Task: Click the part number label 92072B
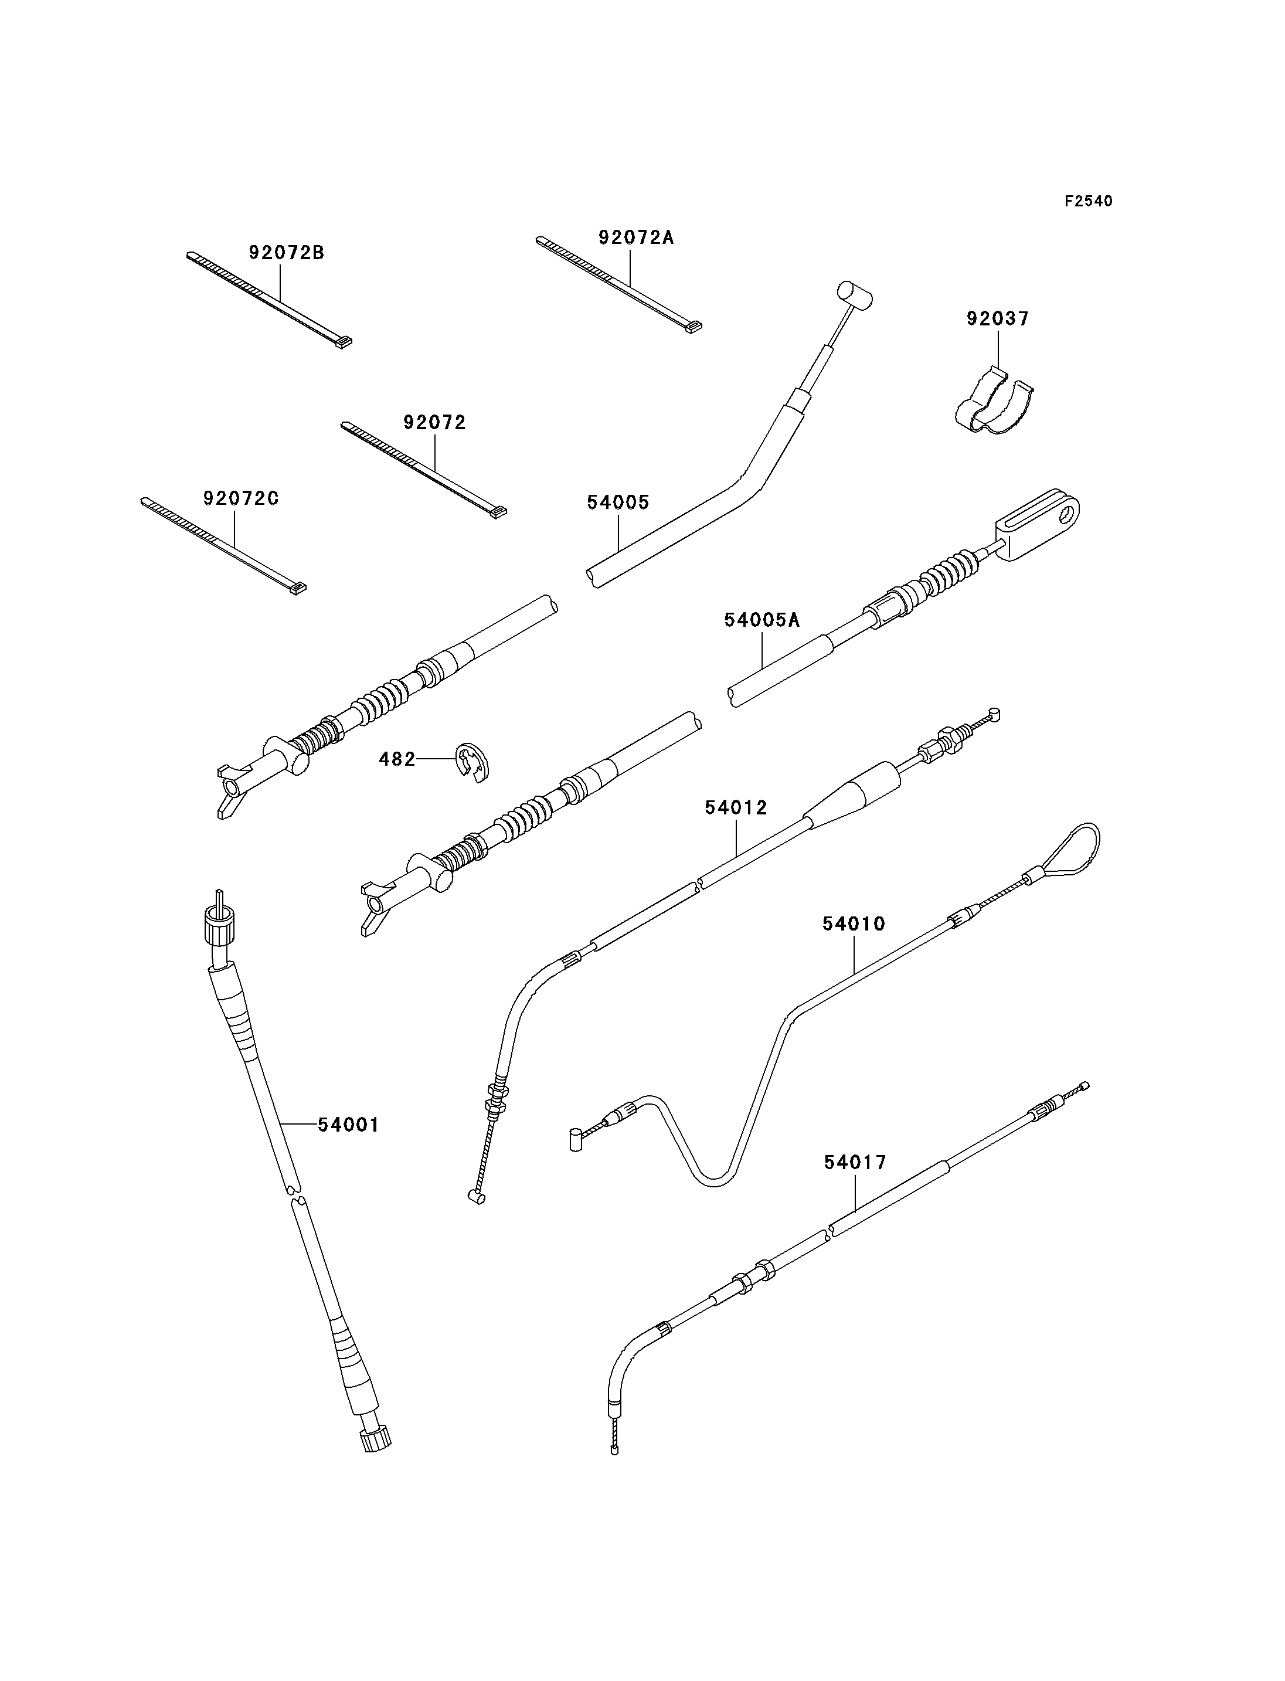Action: (x=287, y=253)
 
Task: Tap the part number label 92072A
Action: (x=637, y=237)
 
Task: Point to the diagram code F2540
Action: (x=1089, y=201)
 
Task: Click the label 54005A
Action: (x=763, y=620)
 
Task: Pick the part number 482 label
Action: (x=397, y=759)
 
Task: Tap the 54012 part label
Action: (x=736, y=807)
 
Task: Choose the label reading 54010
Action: (x=854, y=923)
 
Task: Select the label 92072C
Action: (x=241, y=498)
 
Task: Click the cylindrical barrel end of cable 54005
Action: (x=854, y=294)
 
